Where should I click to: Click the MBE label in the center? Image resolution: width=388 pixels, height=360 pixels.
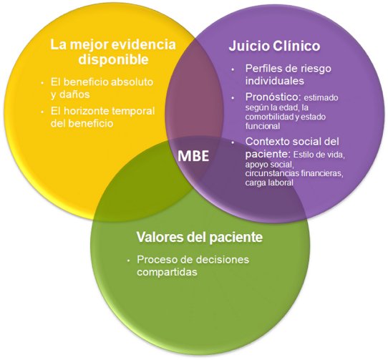193,156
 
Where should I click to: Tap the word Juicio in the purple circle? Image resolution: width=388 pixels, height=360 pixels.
249,46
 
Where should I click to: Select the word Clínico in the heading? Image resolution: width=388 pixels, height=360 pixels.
296,46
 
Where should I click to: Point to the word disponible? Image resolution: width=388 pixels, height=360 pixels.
113,59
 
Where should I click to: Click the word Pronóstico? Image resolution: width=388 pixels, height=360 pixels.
273,97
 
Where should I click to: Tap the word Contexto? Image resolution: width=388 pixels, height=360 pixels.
267,142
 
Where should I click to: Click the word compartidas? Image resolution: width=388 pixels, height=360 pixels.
167,272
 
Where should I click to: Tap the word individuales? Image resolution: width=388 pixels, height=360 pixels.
275,81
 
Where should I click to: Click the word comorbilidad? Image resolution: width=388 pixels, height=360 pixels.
269,117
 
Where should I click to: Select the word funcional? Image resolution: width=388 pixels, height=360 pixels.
263,126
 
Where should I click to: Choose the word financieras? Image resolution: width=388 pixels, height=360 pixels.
322,173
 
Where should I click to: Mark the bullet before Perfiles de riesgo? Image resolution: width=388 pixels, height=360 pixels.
233,69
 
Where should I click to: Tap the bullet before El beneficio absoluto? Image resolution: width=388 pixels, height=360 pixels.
42,82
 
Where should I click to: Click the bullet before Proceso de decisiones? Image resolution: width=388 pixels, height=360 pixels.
128,261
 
